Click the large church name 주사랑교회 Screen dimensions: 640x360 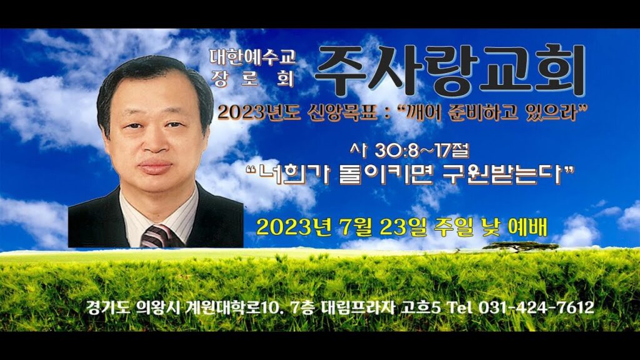(451, 70)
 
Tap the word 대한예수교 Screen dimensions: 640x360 (253, 57)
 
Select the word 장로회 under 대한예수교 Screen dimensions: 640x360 (253, 78)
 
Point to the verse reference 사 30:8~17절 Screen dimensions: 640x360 (409, 151)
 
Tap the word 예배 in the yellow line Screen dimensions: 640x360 (527, 227)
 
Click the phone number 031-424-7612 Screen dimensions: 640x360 (536, 307)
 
